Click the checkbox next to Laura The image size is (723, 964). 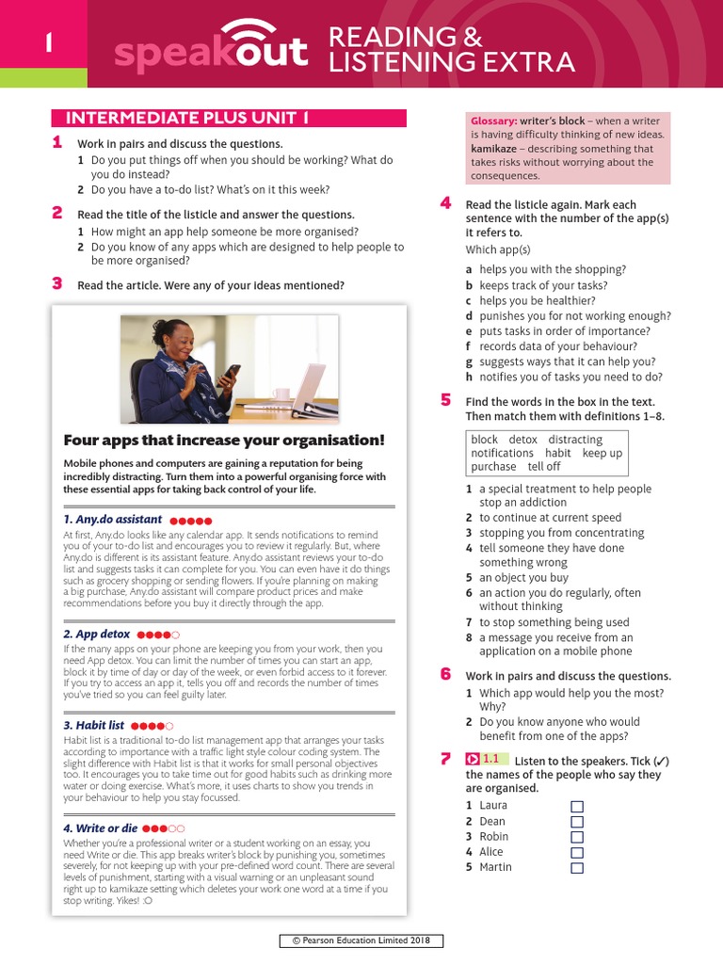tap(577, 807)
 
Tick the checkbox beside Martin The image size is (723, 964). tap(577, 867)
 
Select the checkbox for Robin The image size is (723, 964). tap(577, 837)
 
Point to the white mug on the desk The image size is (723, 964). tap(281, 394)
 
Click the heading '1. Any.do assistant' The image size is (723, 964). tap(112, 520)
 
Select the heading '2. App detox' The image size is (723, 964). tap(96, 635)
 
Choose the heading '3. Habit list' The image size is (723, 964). tap(93, 726)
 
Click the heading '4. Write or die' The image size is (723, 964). tap(100, 828)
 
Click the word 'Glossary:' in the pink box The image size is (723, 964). tap(494, 120)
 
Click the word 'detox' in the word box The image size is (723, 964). tap(522, 440)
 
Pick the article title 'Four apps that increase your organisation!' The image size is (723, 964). tap(224, 441)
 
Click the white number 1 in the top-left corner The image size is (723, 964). tap(45, 43)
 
